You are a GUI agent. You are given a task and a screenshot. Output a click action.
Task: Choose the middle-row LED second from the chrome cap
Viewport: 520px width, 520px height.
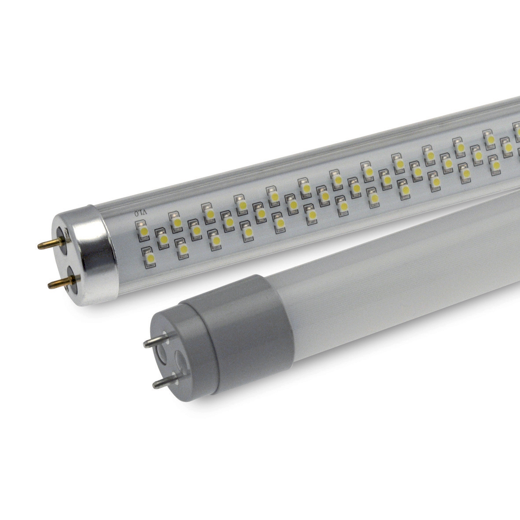(x=195, y=229)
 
